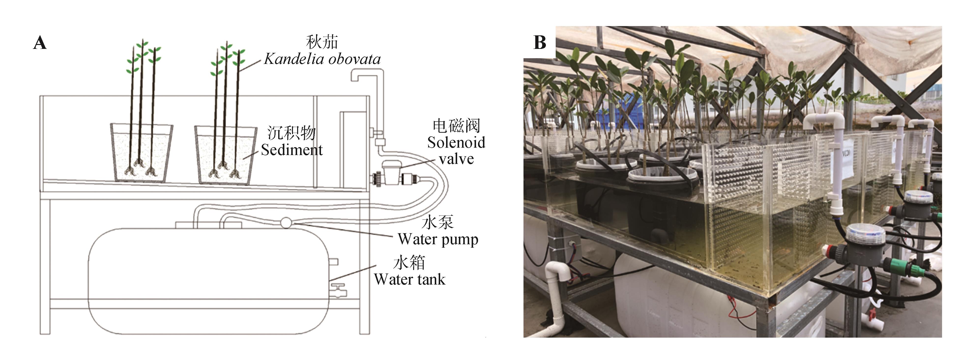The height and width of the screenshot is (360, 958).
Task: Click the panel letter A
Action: [40, 43]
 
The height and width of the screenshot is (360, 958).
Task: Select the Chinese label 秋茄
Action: [322, 42]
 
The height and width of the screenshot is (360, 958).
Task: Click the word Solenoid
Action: [456, 143]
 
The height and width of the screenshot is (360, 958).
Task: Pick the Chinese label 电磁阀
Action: [456, 126]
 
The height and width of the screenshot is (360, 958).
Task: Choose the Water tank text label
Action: [409, 279]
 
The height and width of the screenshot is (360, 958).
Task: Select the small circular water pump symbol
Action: [286, 223]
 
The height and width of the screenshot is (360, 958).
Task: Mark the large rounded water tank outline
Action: [208, 281]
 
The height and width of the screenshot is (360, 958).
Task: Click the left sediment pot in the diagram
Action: [141, 153]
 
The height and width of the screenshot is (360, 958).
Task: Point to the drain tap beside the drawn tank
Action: [339, 290]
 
